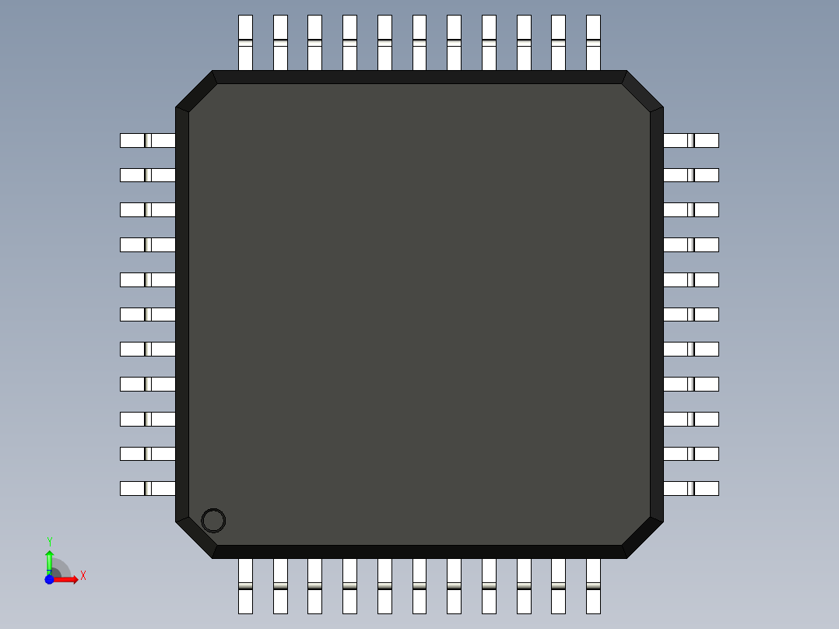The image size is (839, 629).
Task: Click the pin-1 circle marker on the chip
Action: pyautogui.click(x=213, y=521)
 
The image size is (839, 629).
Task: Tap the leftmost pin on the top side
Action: pyautogui.click(x=245, y=42)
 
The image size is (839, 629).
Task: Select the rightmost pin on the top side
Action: pyautogui.click(x=593, y=42)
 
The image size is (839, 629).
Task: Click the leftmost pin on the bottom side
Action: pyautogui.click(x=245, y=585)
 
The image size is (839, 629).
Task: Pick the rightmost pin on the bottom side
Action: pyautogui.click(x=593, y=585)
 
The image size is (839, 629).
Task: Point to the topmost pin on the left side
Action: pyautogui.click(x=147, y=140)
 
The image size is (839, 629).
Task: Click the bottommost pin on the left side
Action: pyautogui.click(x=147, y=488)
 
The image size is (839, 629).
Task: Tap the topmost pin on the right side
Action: pyautogui.click(x=691, y=140)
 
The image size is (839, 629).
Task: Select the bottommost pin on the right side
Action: pyautogui.click(x=691, y=488)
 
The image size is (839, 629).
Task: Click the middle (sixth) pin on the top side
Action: pyautogui.click(x=419, y=42)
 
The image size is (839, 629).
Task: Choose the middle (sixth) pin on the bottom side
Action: pyautogui.click(x=419, y=585)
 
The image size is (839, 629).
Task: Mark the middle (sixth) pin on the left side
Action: pyautogui.click(x=147, y=314)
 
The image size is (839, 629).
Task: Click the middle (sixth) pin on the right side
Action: pyautogui.click(x=691, y=314)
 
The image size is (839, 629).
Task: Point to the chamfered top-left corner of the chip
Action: pyautogui.click(x=195, y=90)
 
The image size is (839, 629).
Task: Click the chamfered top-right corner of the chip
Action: pyautogui.click(x=643, y=90)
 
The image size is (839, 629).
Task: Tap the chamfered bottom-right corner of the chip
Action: pyautogui.click(x=643, y=538)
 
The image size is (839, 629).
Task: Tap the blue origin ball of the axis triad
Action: pyautogui.click(x=49, y=579)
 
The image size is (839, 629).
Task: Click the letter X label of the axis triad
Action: pyautogui.click(x=82, y=575)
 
